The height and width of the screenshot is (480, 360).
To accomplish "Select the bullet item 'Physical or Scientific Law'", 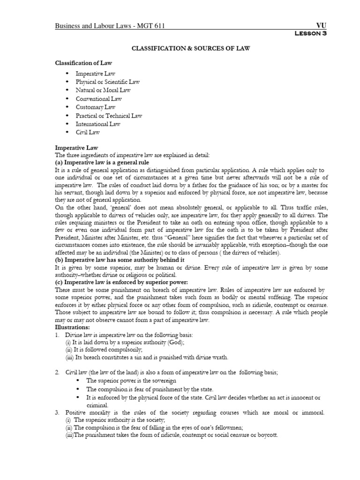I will pos(108,82).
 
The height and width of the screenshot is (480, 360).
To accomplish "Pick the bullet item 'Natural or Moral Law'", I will pos(103,90).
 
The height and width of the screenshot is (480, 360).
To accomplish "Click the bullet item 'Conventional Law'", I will pos(99,98).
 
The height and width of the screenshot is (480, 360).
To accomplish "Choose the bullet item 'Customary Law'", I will pos(97,107).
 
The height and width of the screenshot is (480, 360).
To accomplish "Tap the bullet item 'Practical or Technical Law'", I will pos(109,115).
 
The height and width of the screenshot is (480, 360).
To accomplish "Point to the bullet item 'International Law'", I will pos(98,124).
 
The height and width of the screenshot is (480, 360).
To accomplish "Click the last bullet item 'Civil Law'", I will pos(88,132).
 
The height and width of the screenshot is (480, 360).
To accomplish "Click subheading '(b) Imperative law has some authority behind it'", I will pos(119,259).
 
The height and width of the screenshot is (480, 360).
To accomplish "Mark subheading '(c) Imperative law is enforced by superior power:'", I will pos(121,282).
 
